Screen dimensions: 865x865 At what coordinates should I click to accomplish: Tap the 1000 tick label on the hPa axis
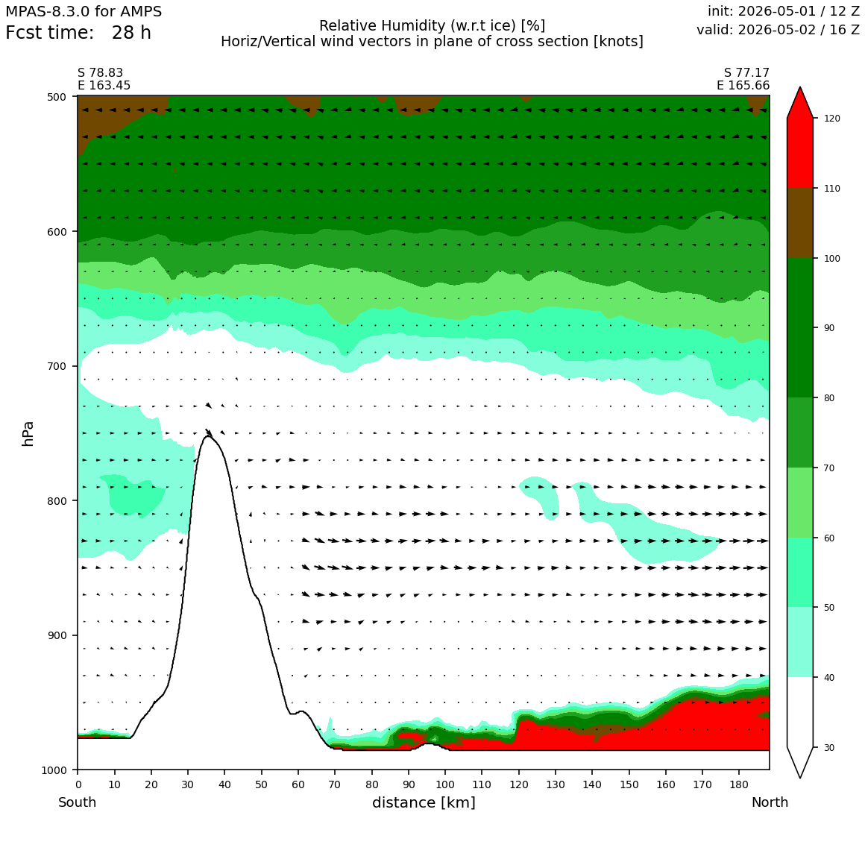[54, 770]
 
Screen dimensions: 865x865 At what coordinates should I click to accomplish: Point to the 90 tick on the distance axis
[408, 784]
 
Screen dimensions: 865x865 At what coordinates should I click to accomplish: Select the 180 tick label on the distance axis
[739, 784]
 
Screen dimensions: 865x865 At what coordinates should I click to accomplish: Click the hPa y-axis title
[28, 433]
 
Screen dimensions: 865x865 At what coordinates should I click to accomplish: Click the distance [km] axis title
[424, 802]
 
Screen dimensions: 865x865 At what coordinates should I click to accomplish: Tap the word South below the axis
[78, 802]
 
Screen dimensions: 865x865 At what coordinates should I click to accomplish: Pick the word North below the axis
[770, 802]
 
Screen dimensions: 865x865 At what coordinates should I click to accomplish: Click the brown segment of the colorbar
[800, 223]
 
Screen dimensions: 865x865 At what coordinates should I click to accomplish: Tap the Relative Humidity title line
[432, 26]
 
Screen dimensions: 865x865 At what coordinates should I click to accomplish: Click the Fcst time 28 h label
[78, 33]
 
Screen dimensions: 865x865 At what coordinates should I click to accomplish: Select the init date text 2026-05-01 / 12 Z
[799, 11]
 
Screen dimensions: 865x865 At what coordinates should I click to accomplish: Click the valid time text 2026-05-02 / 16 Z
[799, 30]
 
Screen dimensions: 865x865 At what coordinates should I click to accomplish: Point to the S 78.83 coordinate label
[101, 73]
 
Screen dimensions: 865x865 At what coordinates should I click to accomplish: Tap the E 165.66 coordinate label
[743, 85]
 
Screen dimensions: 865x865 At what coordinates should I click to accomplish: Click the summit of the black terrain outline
[208, 435]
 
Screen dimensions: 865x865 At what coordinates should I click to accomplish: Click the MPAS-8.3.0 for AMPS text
[84, 12]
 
